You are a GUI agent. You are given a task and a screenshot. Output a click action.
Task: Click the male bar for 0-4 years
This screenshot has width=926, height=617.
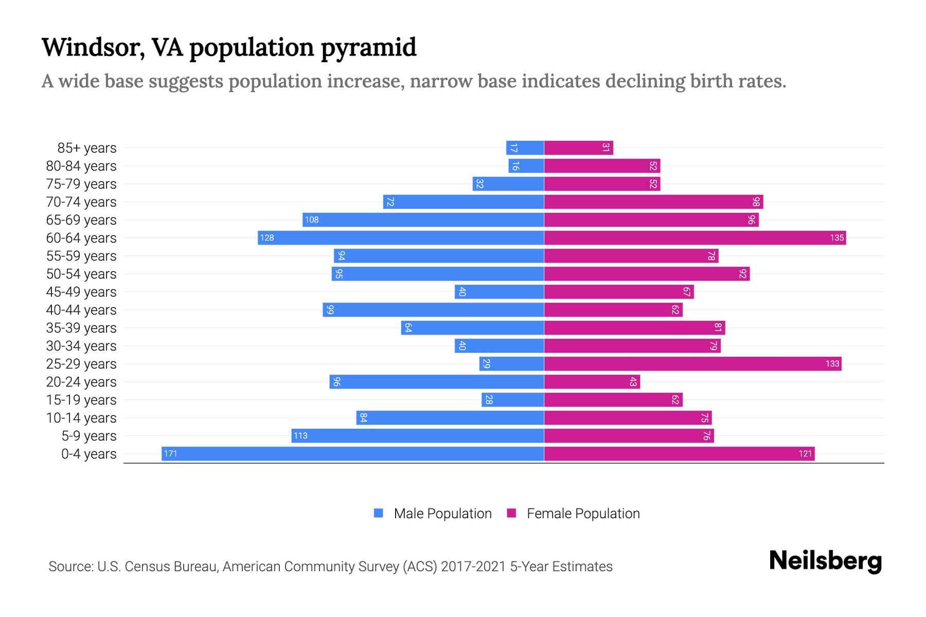pos(353,453)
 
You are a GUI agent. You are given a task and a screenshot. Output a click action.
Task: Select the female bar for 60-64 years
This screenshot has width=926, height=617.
pos(694,238)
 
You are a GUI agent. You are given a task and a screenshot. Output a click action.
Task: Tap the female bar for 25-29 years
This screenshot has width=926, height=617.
pos(692,364)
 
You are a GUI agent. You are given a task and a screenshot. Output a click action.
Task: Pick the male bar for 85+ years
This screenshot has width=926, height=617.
pos(525,148)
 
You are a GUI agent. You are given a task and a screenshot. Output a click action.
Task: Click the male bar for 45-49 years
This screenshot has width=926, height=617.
pos(499,292)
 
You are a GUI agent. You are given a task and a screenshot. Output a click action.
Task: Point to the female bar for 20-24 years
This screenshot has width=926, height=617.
pos(592,382)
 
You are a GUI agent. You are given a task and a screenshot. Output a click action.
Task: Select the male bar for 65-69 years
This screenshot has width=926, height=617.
pos(423,220)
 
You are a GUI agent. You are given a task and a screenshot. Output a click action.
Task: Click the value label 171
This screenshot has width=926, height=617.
pos(170,453)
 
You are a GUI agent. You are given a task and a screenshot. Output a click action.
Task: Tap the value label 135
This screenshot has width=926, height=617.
pos(836,238)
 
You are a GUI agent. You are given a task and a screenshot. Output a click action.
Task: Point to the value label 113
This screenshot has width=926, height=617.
pos(300,435)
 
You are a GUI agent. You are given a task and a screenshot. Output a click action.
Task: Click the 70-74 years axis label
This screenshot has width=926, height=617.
pos(81,202)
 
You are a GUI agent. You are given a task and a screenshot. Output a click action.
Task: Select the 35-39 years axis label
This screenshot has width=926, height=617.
pos(81,328)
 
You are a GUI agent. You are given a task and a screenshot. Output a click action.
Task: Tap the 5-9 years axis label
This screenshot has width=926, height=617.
pos(89,436)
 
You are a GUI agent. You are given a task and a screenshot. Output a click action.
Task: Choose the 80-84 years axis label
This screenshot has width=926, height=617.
pos(81,166)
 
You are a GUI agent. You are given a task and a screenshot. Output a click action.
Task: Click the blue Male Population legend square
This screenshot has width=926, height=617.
pos(379,513)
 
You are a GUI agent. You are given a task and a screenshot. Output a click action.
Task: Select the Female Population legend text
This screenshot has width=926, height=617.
pos(583,513)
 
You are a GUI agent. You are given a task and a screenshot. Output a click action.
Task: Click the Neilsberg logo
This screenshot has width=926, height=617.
pos(825,560)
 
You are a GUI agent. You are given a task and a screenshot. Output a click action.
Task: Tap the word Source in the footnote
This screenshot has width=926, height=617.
pos(70,567)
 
